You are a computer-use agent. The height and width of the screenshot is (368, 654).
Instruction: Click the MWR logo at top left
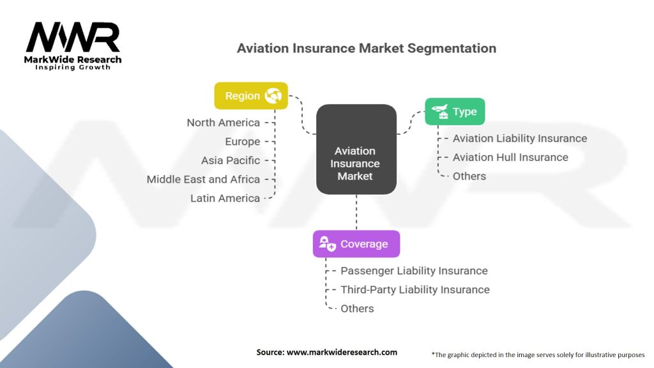click(73, 38)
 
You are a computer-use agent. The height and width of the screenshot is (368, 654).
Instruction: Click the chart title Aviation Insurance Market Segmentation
click(366, 48)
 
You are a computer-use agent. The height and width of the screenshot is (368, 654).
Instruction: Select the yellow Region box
click(250, 96)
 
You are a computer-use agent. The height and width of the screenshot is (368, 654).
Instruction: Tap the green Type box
click(455, 111)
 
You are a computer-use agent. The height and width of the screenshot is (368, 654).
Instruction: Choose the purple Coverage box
click(356, 244)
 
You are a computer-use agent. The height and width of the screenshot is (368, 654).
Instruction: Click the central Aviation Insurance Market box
click(356, 164)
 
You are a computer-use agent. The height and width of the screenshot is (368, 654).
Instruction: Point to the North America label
click(223, 123)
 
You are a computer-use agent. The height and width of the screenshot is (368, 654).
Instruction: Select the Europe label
click(242, 141)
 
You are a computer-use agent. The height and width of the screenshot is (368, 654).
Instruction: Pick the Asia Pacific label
click(231, 160)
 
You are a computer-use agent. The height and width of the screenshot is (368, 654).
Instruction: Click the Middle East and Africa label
click(203, 180)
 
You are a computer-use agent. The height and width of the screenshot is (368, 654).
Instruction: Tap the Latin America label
click(225, 198)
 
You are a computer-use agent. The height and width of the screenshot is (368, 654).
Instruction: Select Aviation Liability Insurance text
click(519, 138)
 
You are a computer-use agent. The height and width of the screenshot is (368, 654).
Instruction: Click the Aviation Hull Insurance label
click(510, 157)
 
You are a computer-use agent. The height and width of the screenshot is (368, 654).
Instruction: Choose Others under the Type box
click(469, 176)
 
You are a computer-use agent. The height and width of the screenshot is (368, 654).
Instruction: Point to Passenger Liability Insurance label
click(414, 271)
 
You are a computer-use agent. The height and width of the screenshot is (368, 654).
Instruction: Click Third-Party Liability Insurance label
click(414, 289)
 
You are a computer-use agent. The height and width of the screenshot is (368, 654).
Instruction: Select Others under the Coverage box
click(357, 309)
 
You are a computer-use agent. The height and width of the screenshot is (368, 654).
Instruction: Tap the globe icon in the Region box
click(273, 96)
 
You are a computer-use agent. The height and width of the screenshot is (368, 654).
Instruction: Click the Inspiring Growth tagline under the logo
click(72, 67)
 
